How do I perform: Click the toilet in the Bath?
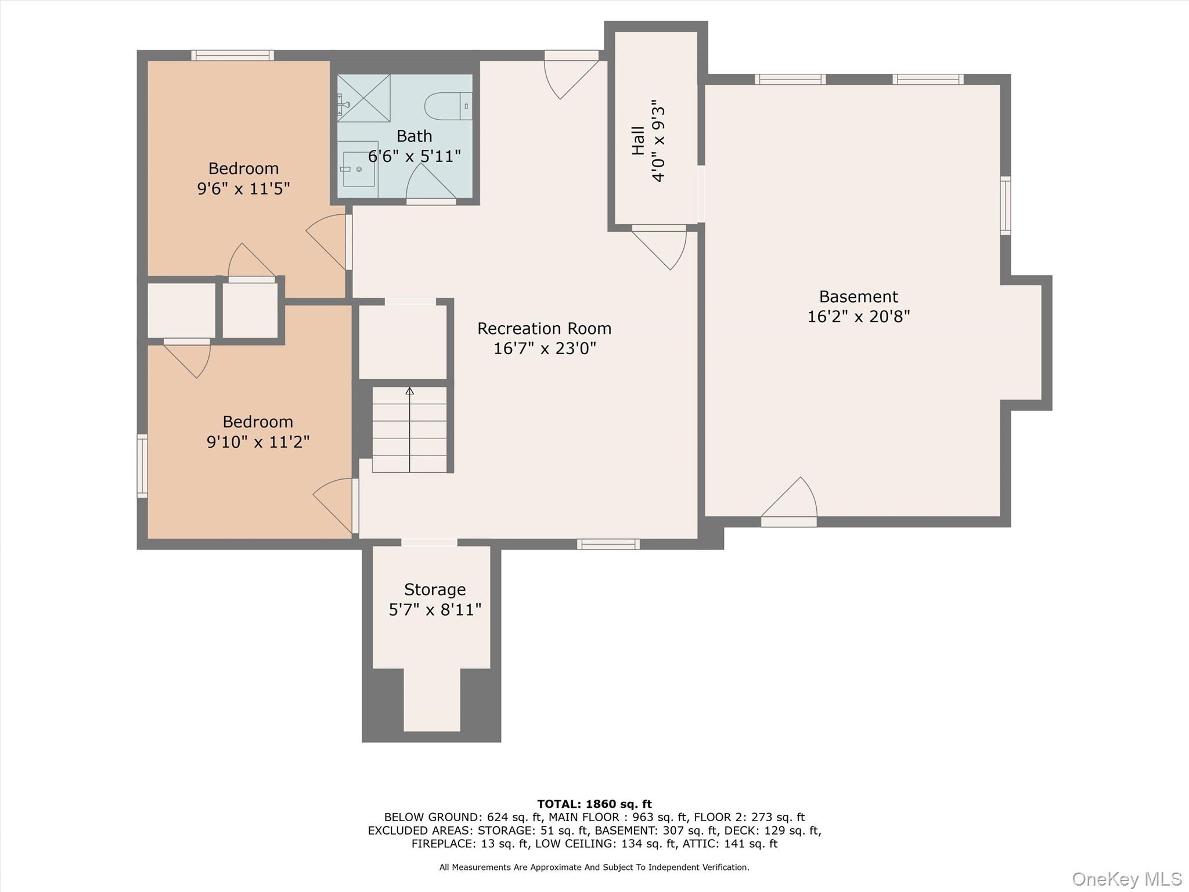pyautogui.click(x=448, y=106)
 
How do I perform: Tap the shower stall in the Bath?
pyautogui.click(x=364, y=98)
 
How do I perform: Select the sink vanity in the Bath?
pyautogui.click(x=358, y=169)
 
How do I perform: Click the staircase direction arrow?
pyautogui.click(x=410, y=429)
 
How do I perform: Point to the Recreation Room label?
pyautogui.click(x=545, y=329)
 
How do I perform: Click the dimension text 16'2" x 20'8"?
pyautogui.click(x=859, y=316)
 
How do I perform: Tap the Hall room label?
pyautogui.click(x=638, y=141)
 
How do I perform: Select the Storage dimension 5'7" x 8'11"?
pyautogui.click(x=435, y=610)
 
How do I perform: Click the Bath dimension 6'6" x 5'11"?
pyautogui.click(x=415, y=156)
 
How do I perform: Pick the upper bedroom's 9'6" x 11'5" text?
pyautogui.click(x=244, y=189)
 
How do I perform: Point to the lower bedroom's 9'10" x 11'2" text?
pyautogui.click(x=258, y=442)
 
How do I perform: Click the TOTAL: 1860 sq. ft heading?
pyautogui.click(x=594, y=804)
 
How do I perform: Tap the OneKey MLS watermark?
pyautogui.click(x=1127, y=879)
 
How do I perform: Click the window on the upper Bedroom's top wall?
pyautogui.click(x=233, y=55)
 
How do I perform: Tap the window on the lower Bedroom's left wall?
pyautogui.click(x=142, y=466)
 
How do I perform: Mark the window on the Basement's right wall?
pyautogui.click(x=1006, y=206)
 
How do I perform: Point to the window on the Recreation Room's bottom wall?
pyautogui.click(x=608, y=544)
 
